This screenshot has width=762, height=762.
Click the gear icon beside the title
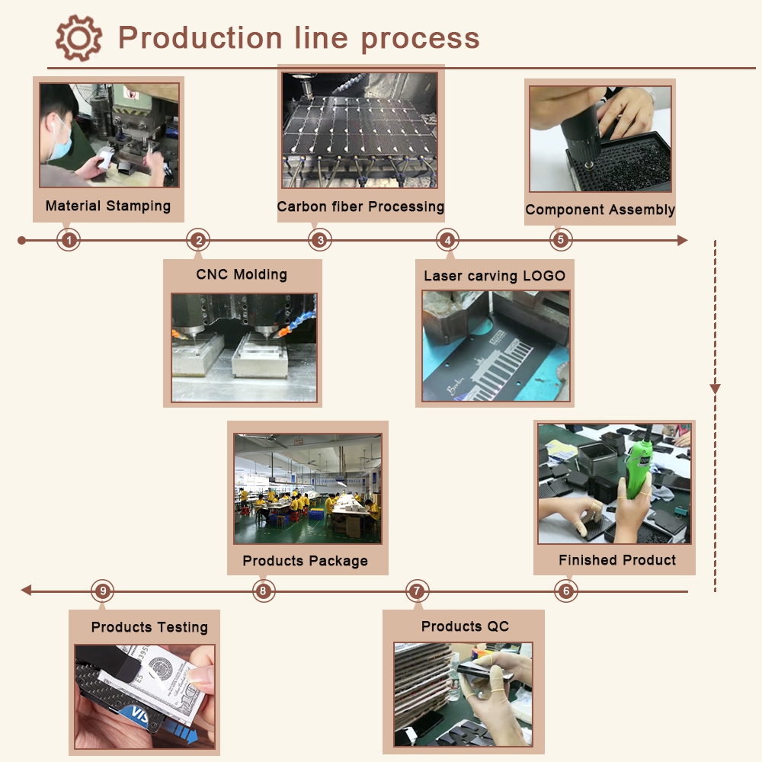[78, 38]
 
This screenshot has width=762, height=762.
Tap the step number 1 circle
[69, 241]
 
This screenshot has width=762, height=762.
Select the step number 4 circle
[448, 241]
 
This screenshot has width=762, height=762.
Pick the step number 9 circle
[103, 591]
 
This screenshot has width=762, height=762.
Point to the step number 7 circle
[416, 591]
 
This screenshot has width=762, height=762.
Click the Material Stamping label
[108, 206]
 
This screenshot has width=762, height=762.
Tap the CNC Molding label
[242, 274]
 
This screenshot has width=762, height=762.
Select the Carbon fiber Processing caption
[360, 207]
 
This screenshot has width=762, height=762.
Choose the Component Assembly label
[600, 210]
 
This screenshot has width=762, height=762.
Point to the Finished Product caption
[617, 560]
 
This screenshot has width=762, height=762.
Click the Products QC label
[465, 626]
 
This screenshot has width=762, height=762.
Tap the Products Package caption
[306, 561]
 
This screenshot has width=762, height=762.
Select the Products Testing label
[149, 627]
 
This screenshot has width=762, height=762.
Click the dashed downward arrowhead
[715, 389]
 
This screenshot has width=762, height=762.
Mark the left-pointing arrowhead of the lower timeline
[26, 591]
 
